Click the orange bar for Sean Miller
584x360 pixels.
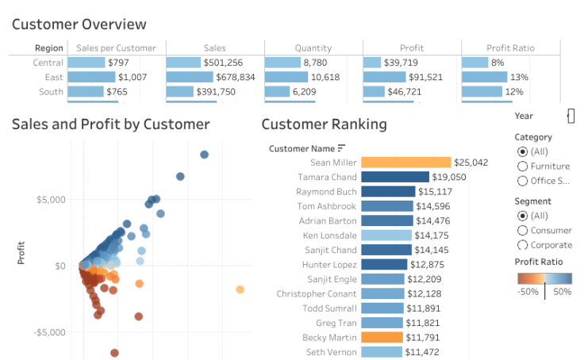click(x=405, y=163)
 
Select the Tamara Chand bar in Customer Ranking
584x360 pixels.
click(x=394, y=177)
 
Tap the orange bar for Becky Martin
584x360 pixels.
click(x=382, y=337)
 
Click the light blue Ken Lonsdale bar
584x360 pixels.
click(x=386, y=236)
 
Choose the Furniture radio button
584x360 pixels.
click(x=522, y=167)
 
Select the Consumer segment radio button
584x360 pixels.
click(x=522, y=230)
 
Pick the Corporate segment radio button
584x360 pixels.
click(x=522, y=245)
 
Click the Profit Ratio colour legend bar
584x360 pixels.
click(x=544, y=278)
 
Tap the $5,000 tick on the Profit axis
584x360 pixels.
click(x=50, y=199)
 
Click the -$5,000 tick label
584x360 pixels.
click(x=48, y=332)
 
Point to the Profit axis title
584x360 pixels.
click(x=21, y=252)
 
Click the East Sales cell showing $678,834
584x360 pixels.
click(x=235, y=77)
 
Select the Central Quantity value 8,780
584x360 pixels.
click(x=315, y=63)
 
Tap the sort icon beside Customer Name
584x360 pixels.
click(x=342, y=147)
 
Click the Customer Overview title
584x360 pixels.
click(x=79, y=25)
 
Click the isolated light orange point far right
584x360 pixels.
click(x=240, y=290)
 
